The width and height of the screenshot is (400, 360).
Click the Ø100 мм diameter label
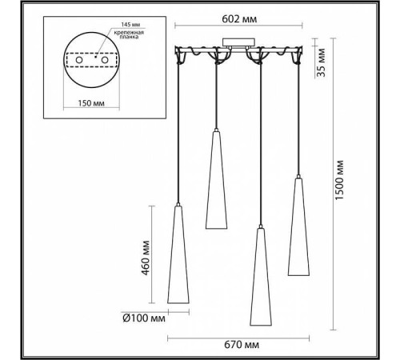(x=146, y=318)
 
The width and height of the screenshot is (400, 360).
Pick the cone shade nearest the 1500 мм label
(x=298, y=216)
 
